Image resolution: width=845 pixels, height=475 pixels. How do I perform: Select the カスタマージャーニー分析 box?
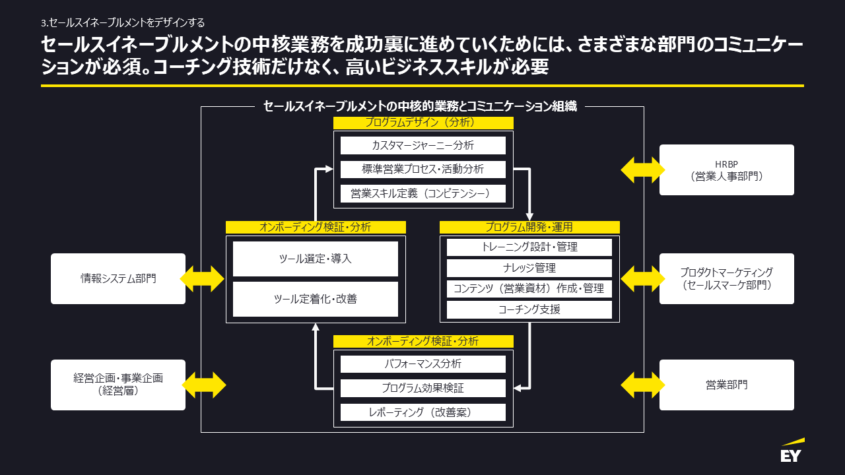[423, 145]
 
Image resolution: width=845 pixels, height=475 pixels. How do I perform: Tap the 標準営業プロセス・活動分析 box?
[423, 169]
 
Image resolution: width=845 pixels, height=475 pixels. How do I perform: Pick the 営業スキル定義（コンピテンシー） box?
[423, 193]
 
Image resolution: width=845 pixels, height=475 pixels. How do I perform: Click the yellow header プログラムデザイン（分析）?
[423, 123]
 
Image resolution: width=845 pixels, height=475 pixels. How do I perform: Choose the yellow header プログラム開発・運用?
[529, 227]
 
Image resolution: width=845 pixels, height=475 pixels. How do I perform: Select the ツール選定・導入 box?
[316, 259]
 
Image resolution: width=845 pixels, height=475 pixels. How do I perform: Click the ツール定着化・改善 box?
[316, 299]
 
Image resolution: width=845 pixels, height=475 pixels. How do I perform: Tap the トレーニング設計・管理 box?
[529, 247]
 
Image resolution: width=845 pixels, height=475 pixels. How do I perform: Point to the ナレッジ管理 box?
[529, 268]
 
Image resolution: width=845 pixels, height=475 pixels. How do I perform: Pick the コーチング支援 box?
[529, 309]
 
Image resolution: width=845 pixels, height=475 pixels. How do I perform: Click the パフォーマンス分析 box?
[423, 364]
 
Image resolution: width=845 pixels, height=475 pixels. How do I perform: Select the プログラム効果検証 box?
[423, 388]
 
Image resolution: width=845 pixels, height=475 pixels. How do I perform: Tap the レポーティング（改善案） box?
[423, 412]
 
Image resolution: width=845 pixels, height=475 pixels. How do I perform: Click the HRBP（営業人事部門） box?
[726, 170]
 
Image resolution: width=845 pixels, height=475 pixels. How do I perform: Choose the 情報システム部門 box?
[118, 278]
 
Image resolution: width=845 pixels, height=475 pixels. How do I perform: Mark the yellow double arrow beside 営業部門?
[643, 385]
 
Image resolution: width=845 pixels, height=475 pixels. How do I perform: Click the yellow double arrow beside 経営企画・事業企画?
[203, 385]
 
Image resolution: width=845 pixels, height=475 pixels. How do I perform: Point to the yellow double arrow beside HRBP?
[643, 170]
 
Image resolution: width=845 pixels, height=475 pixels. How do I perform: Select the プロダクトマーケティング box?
[726, 278]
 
